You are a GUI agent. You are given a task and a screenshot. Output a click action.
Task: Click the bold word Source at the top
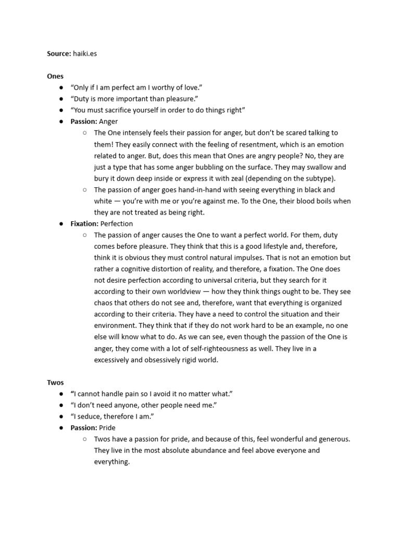click(x=59, y=54)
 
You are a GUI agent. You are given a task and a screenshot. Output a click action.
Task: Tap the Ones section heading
click(x=55, y=76)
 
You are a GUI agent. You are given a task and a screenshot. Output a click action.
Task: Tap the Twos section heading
click(x=55, y=382)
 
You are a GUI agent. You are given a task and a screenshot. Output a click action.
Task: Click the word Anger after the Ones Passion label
click(x=109, y=121)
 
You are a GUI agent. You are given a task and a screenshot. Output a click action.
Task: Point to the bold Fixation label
click(x=84, y=223)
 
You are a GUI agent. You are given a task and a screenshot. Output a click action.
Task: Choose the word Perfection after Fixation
click(x=117, y=223)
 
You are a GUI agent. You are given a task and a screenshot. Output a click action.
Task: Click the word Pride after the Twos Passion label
click(x=107, y=427)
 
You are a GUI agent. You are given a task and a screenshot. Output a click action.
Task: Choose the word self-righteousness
click(x=216, y=348)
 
